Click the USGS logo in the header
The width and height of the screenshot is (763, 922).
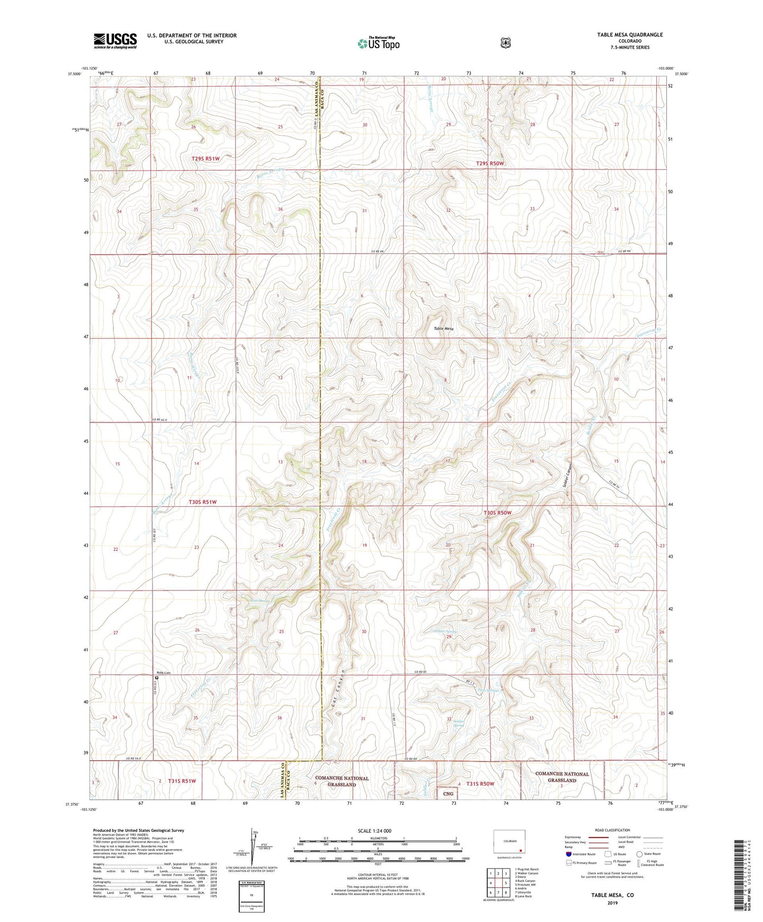(x=115, y=40)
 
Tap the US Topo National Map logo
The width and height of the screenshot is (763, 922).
(x=379, y=43)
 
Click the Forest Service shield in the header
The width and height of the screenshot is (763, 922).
(x=505, y=43)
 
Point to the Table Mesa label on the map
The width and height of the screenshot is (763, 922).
(x=444, y=328)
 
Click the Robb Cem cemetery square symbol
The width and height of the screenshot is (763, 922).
(x=157, y=678)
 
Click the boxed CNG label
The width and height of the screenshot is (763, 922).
(x=448, y=794)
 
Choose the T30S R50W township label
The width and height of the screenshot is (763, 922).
(x=497, y=513)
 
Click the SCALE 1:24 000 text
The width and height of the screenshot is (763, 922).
(x=374, y=831)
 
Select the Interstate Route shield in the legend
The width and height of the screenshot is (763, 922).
(x=568, y=854)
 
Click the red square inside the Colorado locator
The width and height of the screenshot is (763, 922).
(x=521, y=851)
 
